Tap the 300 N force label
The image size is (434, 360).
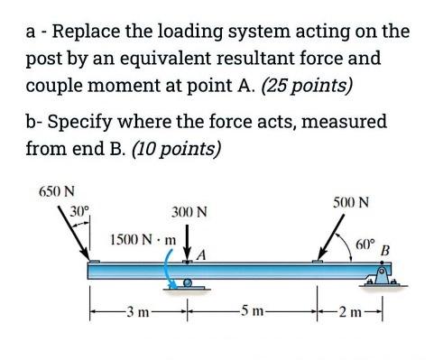pos(189,213)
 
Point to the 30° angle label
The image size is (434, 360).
pos(79,213)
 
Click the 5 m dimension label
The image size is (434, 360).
pos(253,313)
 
